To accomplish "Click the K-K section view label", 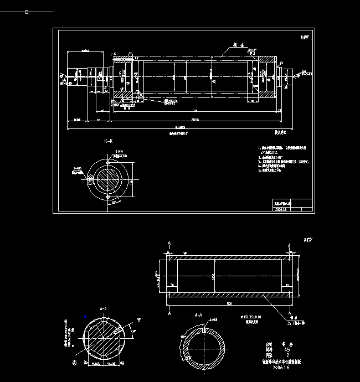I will (x=109, y=142).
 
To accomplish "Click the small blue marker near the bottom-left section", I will (x=85, y=316).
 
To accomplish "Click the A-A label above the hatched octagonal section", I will (x=103, y=308).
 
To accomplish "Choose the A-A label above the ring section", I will (x=200, y=314).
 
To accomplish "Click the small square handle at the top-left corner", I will (x=27, y=11).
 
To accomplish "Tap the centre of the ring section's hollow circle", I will (x=206, y=347).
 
